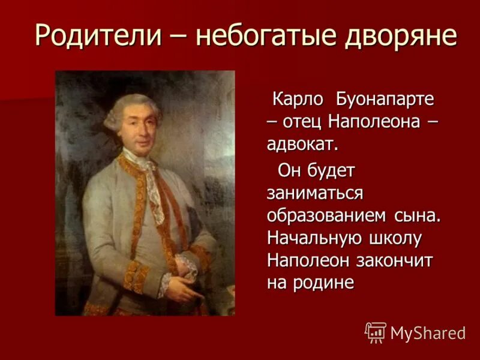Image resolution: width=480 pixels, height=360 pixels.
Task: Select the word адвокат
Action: tap(303, 143)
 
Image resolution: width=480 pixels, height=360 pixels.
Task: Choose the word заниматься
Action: tap(315, 193)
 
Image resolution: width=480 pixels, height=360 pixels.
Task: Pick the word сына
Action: tap(417, 216)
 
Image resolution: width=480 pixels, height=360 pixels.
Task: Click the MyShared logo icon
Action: tap(376, 332)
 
